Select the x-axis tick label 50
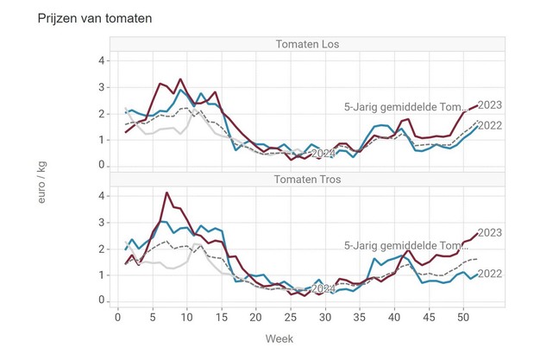point(462,317)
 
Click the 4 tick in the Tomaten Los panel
point(102,60)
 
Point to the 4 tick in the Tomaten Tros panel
point(102,196)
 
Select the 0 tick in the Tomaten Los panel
point(102,165)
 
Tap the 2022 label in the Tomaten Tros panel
point(489,274)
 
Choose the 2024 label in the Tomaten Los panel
point(323,154)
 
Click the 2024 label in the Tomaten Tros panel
point(323,289)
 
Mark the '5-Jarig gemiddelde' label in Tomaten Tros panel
point(405,245)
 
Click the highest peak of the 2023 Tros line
point(166,193)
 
